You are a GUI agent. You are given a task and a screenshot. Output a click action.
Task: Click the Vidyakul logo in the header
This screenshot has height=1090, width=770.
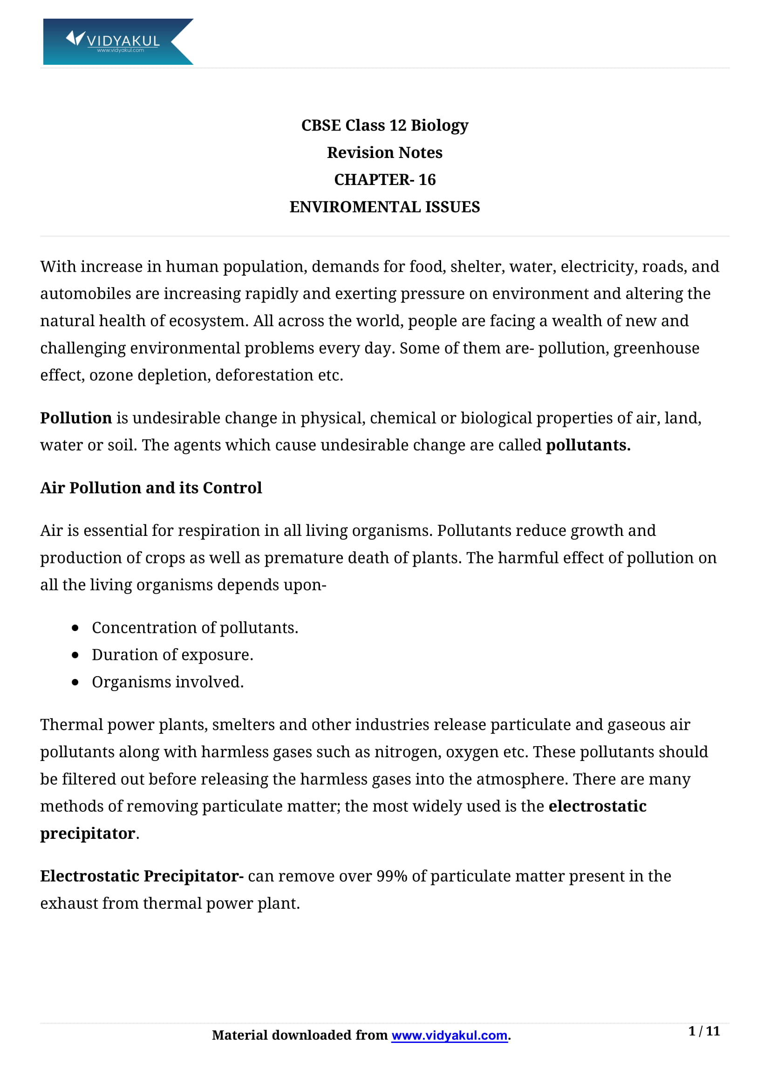point(118,41)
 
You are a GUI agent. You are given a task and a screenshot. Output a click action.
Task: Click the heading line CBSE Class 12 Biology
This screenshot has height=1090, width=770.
point(384,125)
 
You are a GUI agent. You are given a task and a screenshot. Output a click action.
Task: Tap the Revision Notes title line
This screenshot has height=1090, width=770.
point(384,152)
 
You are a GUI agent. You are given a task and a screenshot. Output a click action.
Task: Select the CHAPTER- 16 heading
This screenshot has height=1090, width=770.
point(384,179)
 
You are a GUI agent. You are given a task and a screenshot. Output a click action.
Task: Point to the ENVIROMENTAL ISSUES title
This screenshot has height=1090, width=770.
point(384,207)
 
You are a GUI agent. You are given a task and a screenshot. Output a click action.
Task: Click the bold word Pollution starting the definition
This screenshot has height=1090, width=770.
point(76,418)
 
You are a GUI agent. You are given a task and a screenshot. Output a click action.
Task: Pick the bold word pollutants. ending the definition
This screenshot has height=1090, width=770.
point(588,445)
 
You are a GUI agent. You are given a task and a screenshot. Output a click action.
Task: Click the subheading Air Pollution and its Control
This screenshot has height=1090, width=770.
point(151,487)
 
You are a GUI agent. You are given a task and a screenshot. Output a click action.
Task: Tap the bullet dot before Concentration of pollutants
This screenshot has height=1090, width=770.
point(75,628)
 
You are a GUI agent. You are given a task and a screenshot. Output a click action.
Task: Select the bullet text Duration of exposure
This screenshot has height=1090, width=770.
point(172,655)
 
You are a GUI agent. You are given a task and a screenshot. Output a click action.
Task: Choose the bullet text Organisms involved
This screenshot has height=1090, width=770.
point(168,682)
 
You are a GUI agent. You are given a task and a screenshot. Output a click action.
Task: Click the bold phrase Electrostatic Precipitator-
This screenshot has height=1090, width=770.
point(142,876)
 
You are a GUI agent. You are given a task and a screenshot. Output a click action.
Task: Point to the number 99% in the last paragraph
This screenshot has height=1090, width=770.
point(391,876)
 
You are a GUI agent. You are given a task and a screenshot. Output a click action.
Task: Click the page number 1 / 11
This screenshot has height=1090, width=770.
point(703,1031)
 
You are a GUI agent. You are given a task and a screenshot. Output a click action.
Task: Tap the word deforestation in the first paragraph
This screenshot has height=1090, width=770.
point(264,375)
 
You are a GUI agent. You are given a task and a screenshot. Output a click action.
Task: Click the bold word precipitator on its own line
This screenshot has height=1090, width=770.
point(88,834)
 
